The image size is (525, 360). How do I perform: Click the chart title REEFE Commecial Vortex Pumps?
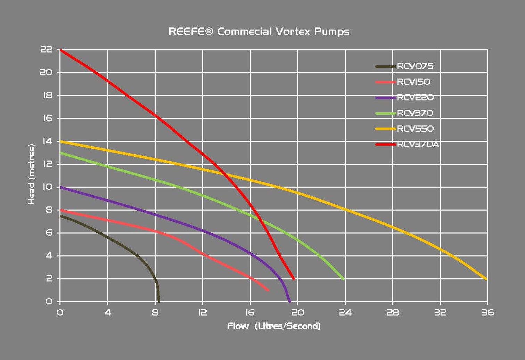(259, 32)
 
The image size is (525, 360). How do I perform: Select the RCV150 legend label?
(413, 82)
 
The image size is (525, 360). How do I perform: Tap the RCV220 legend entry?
(415, 98)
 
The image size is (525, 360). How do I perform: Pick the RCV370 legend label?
(415, 113)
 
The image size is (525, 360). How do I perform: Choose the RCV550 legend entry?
(415, 129)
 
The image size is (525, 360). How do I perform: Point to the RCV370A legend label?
(418, 145)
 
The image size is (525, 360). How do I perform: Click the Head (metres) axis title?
(32, 174)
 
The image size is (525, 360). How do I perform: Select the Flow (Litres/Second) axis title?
(274, 326)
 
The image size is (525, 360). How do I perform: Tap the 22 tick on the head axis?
(46, 50)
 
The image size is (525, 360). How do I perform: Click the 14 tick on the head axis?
(47, 141)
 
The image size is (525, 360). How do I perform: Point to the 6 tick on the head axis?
(49, 233)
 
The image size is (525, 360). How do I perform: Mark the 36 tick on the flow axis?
(487, 312)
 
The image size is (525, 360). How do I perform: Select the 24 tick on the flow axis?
(345, 312)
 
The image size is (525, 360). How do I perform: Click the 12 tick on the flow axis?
(202, 312)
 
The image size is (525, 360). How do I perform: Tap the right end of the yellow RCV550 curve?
(486, 279)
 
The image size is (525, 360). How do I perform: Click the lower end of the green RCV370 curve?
(343, 279)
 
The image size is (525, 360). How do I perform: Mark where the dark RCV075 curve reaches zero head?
(159, 301)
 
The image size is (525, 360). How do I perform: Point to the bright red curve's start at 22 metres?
(61, 50)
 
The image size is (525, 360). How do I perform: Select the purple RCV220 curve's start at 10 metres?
(61, 187)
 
